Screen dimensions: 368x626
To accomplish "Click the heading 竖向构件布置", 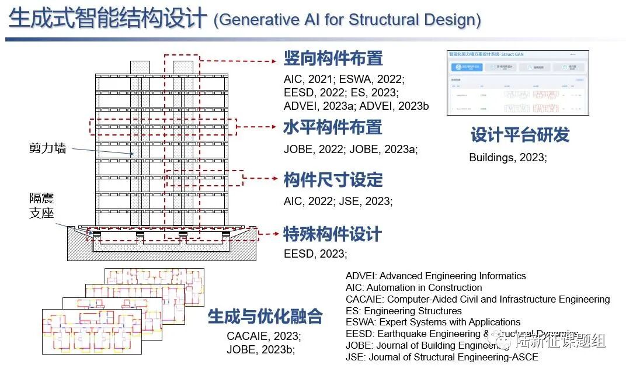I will (x=333, y=58).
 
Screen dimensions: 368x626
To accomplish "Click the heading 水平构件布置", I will (x=333, y=127).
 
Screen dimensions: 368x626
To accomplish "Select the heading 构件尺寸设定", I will (x=333, y=179).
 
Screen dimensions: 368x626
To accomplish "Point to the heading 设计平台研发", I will (x=520, y=135).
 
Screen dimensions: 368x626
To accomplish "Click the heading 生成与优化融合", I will (x=265, y=317).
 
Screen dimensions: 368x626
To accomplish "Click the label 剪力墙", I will (x=47, y=148).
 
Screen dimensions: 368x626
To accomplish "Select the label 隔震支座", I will (x=41, y=206).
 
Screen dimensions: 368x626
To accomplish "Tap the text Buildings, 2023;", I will (x=507, y=158).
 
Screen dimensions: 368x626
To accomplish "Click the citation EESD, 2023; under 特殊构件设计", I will (x=315, y=254).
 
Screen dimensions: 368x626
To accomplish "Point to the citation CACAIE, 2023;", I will (x=264, y=336).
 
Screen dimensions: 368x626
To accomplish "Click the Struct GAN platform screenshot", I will (x=518, y=82).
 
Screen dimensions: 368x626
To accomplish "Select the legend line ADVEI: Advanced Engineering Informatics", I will (x=436, y=276).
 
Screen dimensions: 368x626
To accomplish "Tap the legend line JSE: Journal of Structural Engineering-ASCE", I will (x=441, y=357).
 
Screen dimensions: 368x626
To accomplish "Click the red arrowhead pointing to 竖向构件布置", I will (x=274, y=60).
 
